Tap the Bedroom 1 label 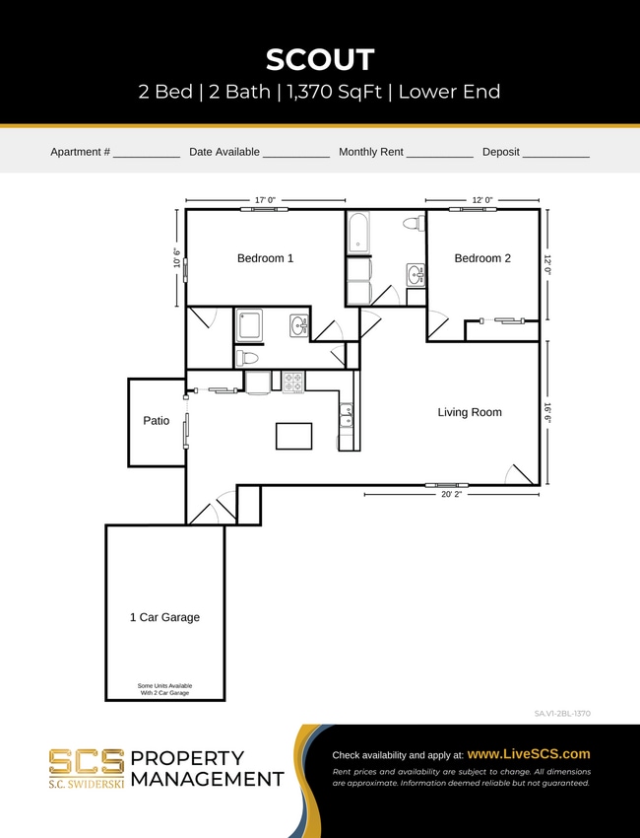265,258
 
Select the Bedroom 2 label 482,258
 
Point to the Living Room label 470,412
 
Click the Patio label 157,421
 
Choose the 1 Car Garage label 164,617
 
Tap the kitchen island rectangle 293,435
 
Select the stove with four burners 293,382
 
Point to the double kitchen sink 348,415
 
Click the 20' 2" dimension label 451,495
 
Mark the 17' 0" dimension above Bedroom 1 265,200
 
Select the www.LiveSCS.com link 529,753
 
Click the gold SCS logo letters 87,761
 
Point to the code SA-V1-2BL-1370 562,713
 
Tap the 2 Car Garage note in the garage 164,689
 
